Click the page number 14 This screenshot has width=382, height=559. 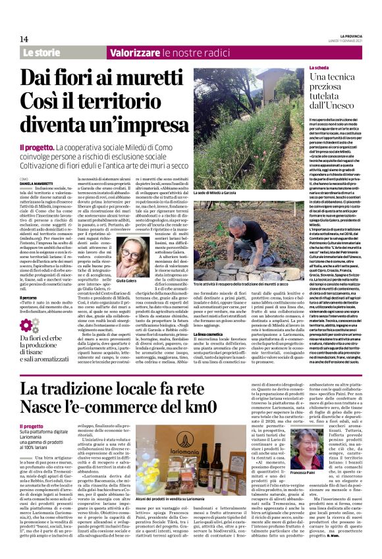[x=24, y=39]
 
